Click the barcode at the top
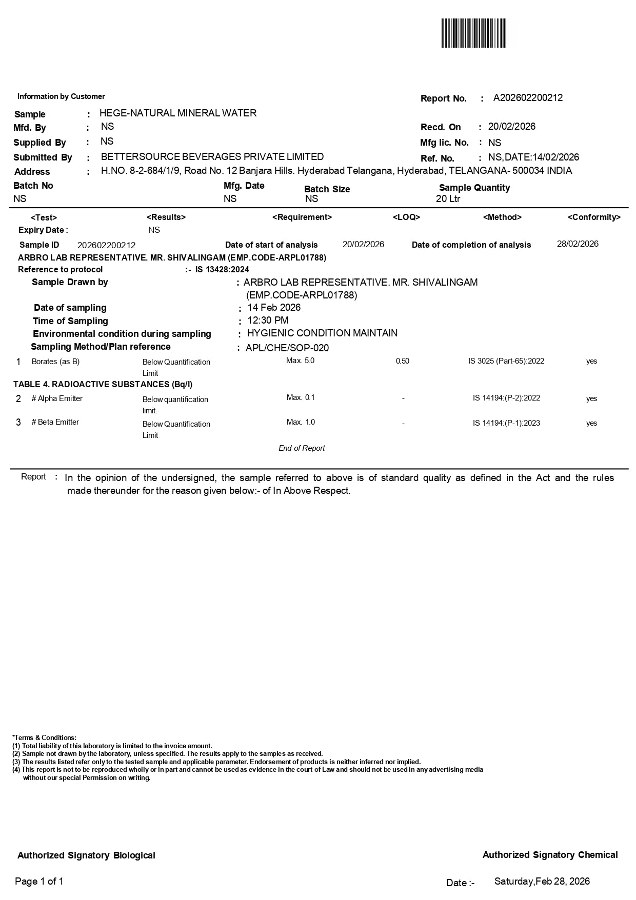coord(473,33)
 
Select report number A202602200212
coord(528,98)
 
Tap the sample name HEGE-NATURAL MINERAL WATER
coord(178,113)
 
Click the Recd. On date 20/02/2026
coord(511,127)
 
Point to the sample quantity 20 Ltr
coord(448,199)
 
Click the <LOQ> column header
coord(406,217)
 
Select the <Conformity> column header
coord(594,217)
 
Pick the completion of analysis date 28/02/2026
coord(578,244)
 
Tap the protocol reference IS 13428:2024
coord(222,270)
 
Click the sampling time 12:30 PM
coord(268,321)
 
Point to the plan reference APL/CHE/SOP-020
coord(287,348)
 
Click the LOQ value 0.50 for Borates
coord(403,362)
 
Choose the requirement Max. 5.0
coord(301,361)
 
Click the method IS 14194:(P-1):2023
coord(506,423)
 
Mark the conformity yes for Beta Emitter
coord(591,423)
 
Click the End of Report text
coord(302,448)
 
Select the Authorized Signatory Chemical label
coord(550,855)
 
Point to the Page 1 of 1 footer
coord(39,882)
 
